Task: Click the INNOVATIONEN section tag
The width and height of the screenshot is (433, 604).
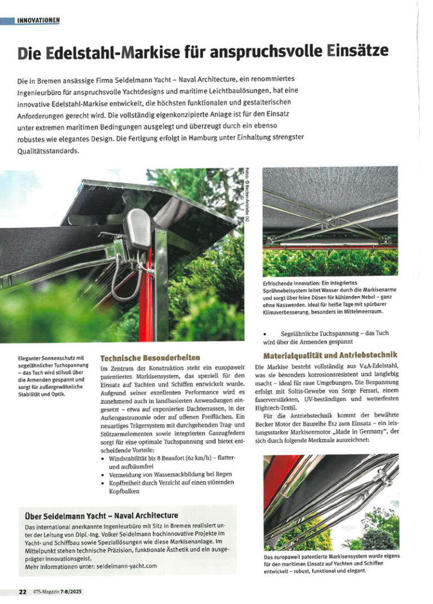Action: click(38, 21)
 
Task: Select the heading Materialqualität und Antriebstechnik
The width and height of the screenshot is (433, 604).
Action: click(330, 355)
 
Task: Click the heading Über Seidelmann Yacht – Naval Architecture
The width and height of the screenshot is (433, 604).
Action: click(101, 515)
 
